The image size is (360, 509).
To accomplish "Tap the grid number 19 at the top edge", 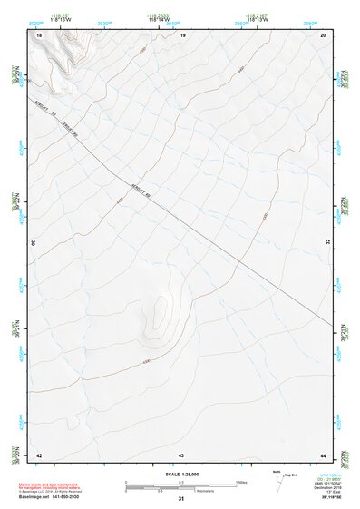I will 182,34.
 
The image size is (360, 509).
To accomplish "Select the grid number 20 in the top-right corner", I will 324,34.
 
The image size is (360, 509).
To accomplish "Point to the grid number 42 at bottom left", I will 40,454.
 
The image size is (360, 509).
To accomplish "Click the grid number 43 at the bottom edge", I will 181,454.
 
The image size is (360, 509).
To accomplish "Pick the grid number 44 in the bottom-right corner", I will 323,454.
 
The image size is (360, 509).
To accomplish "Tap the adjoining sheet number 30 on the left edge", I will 33,243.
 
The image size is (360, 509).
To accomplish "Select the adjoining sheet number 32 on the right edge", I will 330,243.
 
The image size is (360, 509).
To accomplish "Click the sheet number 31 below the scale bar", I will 181,499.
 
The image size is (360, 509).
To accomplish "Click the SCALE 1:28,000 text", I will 181,474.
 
